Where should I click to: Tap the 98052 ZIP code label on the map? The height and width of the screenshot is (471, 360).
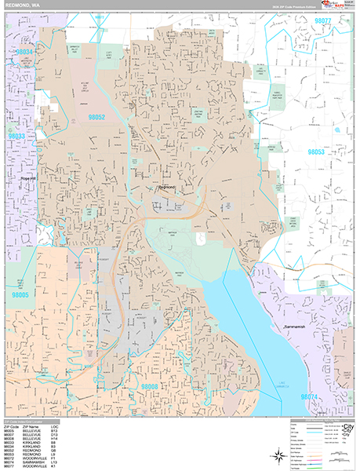pos(96,117)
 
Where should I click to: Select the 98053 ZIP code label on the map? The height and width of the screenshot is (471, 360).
pos(317,152)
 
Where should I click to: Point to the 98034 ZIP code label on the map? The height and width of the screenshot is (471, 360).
pos(25,52)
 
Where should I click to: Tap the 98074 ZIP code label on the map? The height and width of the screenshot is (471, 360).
pos(312,397)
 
